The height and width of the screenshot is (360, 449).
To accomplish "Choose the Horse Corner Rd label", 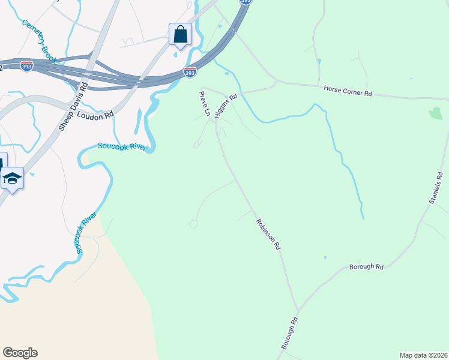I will coord(348,91).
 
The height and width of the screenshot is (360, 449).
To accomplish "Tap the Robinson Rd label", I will coord(268,234).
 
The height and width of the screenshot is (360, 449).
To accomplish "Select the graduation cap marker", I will coord(12,178).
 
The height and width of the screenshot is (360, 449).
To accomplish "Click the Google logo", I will coord(20,353).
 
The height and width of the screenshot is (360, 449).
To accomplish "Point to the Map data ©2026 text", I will coord(423,355).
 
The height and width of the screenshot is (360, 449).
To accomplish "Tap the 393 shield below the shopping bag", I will coord(190,73).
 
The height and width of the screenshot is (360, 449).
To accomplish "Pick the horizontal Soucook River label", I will coord(122,146).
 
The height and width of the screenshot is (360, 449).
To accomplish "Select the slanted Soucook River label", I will coord(86,232).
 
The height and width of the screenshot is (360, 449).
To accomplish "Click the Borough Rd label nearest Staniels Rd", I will coord(366,266).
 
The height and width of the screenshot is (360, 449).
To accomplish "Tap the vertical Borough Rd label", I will coord(289,334).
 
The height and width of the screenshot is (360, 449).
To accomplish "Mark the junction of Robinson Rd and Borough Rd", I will coord(297,311).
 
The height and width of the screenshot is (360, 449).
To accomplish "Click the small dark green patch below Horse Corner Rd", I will coord(436,113).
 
